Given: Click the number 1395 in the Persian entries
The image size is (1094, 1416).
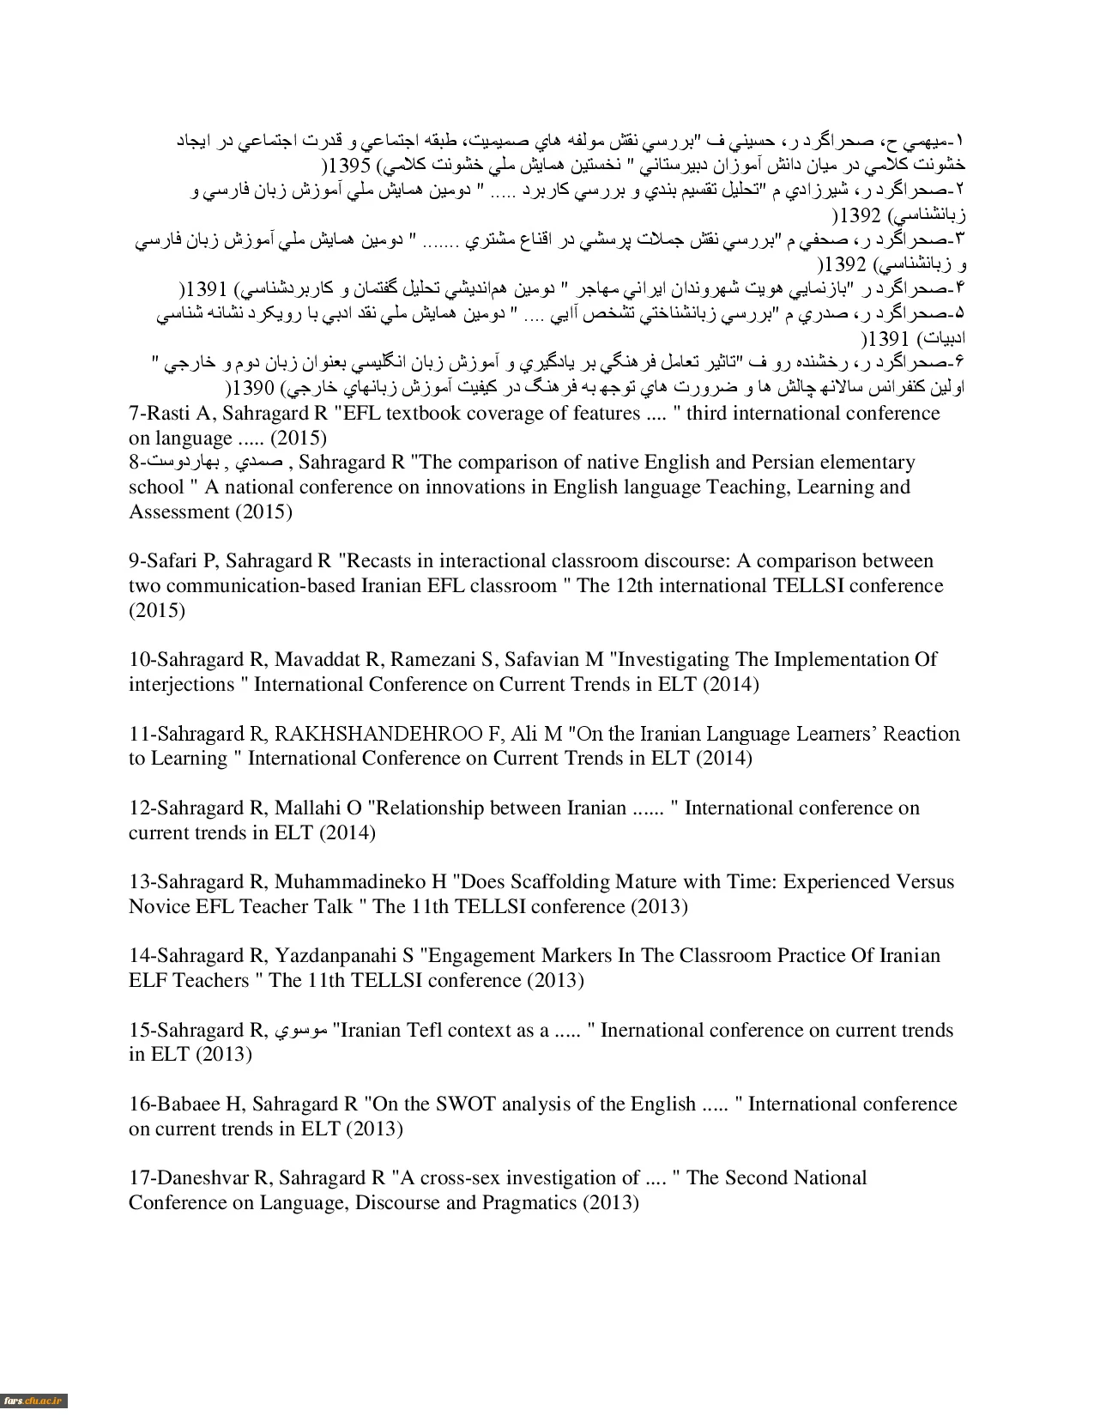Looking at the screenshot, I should pos(349,164).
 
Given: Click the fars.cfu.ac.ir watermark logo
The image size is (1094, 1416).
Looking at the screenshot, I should pos(33,1401).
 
